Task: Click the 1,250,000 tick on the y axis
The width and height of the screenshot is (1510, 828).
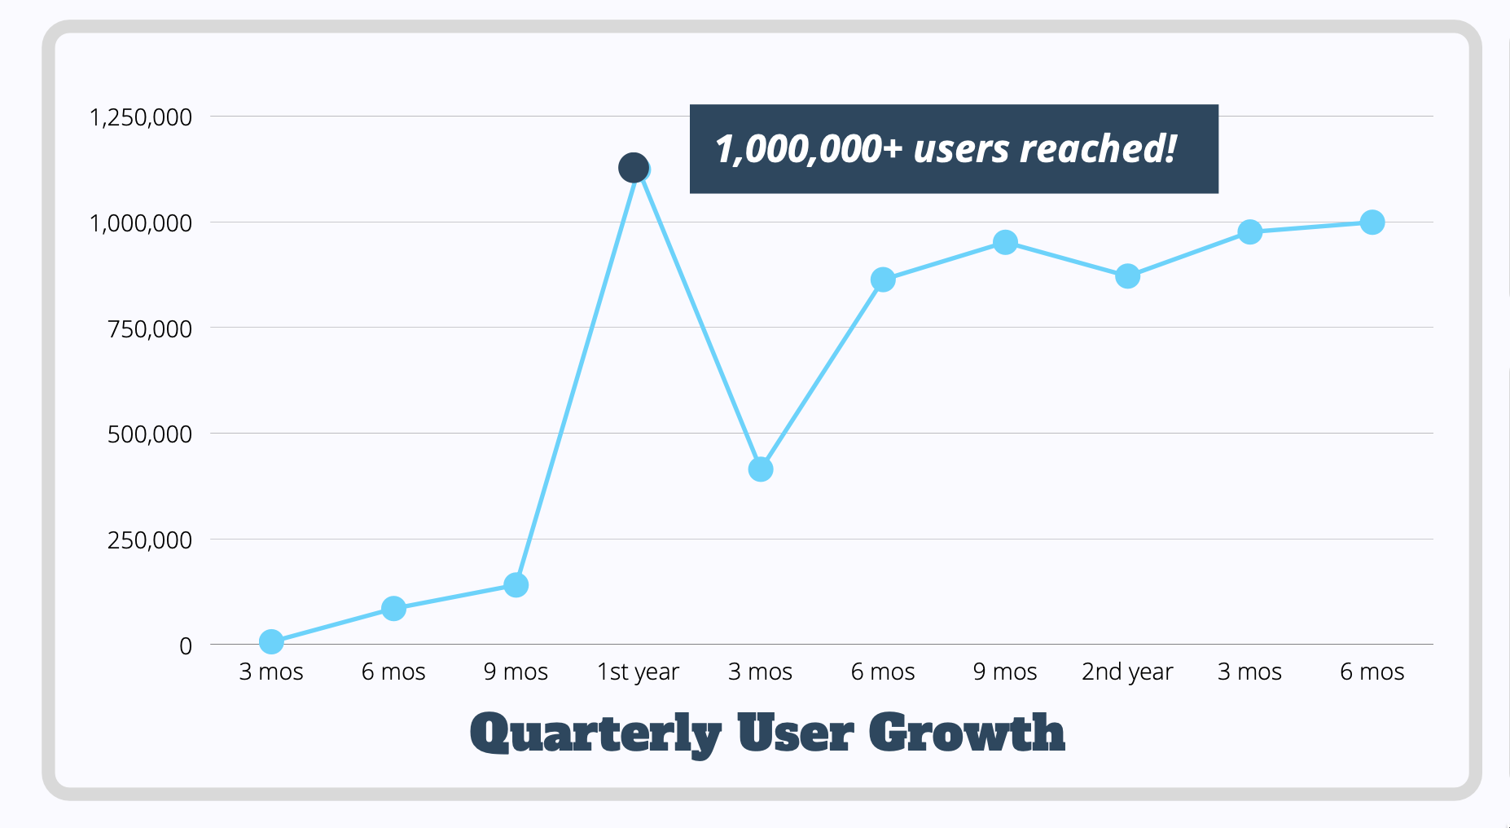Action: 140,117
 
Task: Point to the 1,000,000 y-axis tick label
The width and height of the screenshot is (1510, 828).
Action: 140,223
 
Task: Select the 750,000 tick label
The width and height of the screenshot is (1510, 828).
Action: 150,329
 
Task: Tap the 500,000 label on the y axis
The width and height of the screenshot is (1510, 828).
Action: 150,434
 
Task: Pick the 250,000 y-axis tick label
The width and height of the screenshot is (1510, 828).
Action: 150,540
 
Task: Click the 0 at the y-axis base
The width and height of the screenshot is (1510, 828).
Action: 186,646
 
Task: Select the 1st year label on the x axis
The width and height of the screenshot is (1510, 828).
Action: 638,672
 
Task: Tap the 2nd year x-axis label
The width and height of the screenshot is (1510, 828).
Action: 1127,672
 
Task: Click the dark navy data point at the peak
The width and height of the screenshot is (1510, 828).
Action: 633,168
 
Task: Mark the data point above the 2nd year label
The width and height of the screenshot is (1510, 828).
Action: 1127,276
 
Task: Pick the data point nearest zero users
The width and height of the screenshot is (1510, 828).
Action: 271,642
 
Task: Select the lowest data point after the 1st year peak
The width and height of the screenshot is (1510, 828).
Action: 760,469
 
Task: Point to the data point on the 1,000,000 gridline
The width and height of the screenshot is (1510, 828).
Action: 1372,222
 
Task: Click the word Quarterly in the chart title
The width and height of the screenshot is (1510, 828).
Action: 595,733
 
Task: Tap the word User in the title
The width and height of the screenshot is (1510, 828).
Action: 796,733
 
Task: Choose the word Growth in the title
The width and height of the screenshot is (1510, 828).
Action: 967,733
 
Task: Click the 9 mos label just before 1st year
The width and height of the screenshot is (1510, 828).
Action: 516,672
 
